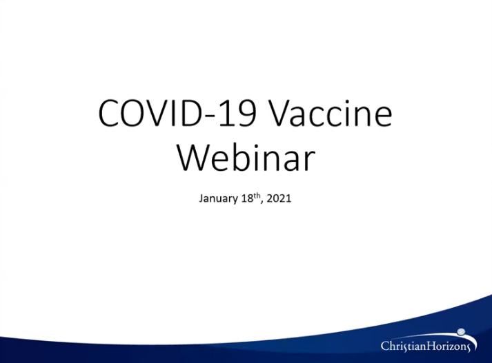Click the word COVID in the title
(149, 113)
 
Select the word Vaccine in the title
(331, 113)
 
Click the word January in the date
(218, 199)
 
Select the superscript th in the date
(257, 196)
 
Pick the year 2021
(279, 198)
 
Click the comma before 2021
(262, 203)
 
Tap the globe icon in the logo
(461, 332)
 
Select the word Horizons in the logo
(448, 346)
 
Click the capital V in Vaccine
(281, 113)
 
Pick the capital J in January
(201, 198)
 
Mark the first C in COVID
(109, 113)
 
